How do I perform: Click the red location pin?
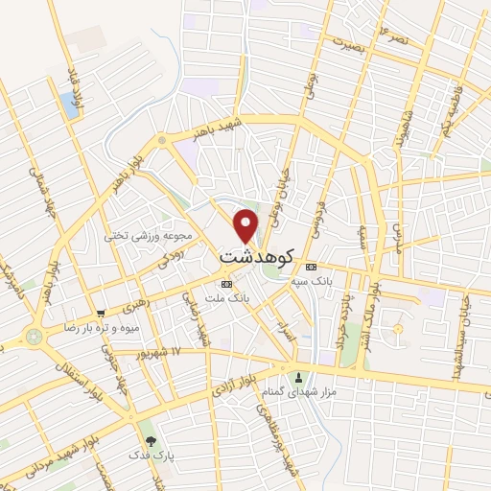pos(246,224)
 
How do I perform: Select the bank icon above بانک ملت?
pos(226,284)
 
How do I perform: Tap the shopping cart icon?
pos(101,313)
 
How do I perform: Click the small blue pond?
pos(70,105)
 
